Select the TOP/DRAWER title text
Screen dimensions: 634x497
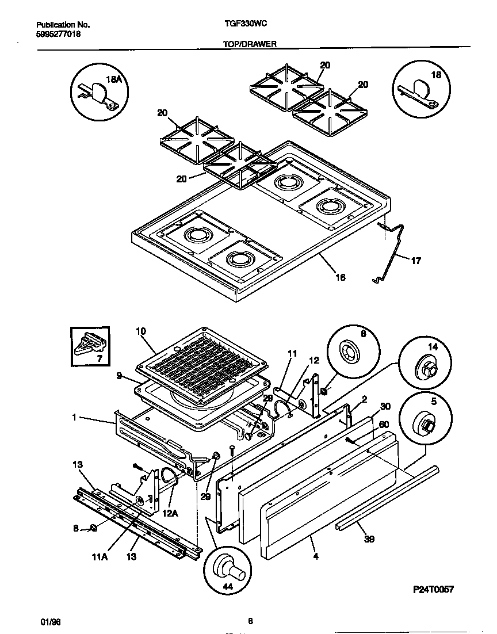coord(250,44)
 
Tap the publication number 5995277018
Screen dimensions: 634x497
coord(58,35)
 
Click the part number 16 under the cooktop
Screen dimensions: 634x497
coord(341,277)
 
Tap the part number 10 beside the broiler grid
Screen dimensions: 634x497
coord(141,331)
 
